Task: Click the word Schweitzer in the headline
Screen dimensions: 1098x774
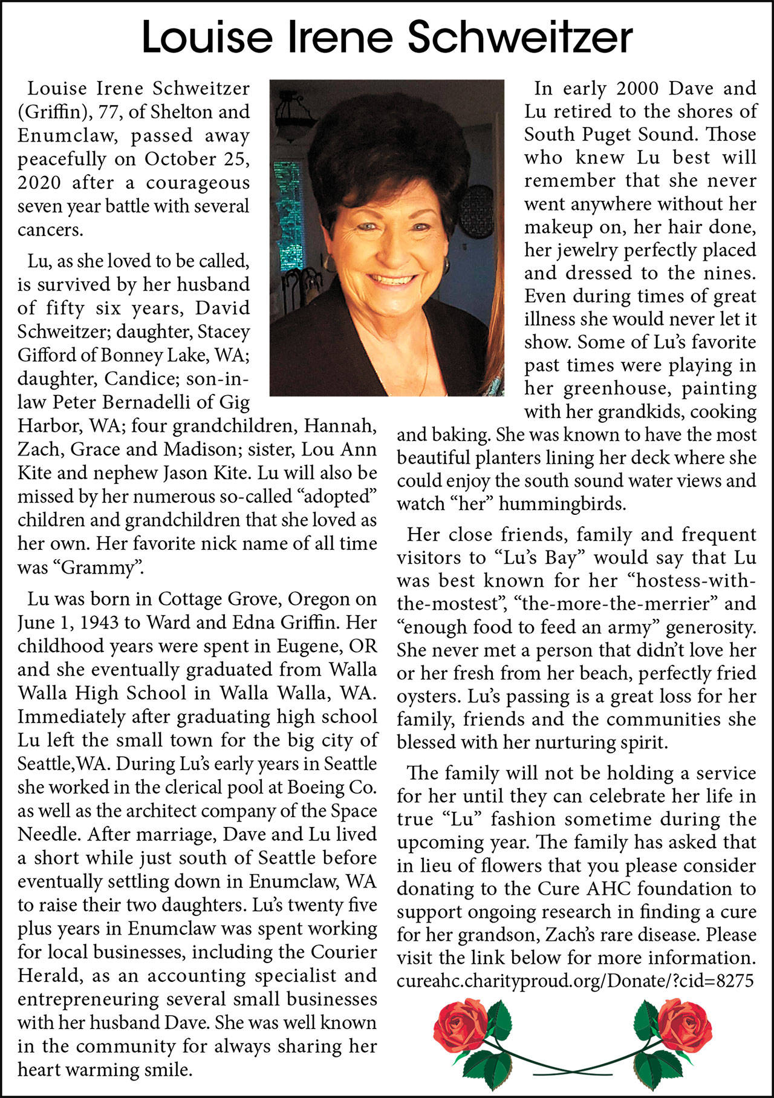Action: click(520, 38)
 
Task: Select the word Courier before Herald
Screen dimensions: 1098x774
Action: click(344, 952)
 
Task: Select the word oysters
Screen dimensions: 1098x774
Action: click(429, 697)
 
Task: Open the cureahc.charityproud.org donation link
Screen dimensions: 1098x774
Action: click(574, 981)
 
